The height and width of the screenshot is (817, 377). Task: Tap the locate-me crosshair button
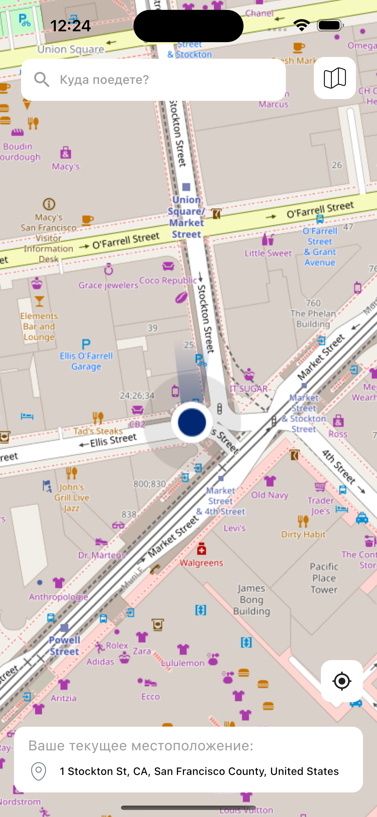tap(341, 681)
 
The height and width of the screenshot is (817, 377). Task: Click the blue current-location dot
tap(192, 422)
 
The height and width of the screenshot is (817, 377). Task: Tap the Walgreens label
tap(201, 563)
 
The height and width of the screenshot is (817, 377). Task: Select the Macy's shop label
tap(66, 166)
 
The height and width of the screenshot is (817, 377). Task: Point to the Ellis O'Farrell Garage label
tap(86, 361)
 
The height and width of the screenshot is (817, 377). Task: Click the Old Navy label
tap(269, 495)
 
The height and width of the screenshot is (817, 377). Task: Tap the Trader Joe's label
tap(321, 506)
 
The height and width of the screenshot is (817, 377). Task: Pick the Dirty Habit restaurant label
tap(303, 534)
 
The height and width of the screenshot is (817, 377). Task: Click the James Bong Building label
tap(251, 599)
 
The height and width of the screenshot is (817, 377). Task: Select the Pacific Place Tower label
tap(324, 578)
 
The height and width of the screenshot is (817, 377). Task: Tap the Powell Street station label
tap(64, 645)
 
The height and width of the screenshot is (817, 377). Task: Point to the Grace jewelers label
tap(108, 285)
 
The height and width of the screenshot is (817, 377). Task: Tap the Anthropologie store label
tap(58, 597)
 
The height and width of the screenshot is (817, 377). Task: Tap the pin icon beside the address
tap(39, 771)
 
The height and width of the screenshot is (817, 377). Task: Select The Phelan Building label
tap(313, 319)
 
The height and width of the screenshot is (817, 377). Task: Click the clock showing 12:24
tap(70, 26)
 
